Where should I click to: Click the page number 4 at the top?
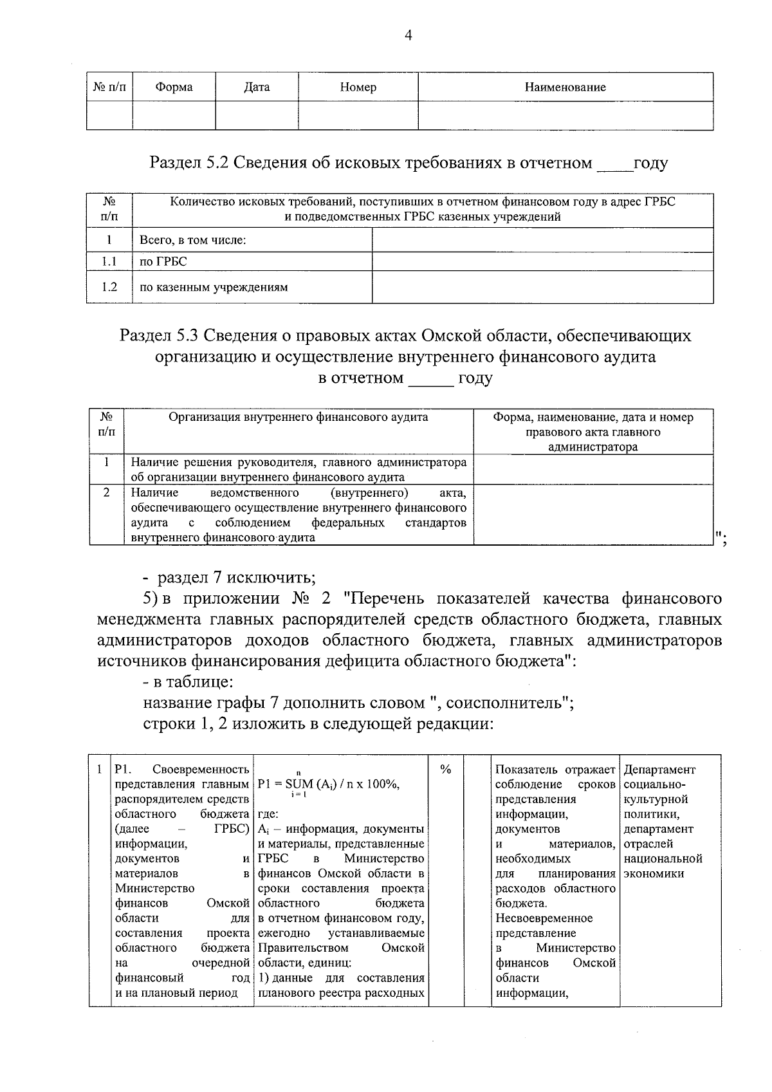tap(407, 36)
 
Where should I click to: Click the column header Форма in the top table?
tap(174, 88)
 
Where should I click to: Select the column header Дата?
tap(257, 88)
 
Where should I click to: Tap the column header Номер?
tap(358, 88)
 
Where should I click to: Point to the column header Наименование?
tap(565, 88)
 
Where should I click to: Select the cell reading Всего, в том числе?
tap(194, 241)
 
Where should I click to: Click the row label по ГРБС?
tap(163, 261)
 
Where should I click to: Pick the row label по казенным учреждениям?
tap(214, 288)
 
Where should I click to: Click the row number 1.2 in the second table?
tap(109, 287)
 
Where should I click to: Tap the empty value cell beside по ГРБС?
tap(542, 261)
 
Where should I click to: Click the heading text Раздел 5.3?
tap(160, 336)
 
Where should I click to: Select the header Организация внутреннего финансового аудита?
tap(298, 417)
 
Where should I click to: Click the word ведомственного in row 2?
tap(254, 493)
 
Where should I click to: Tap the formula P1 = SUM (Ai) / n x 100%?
tap(328, 784)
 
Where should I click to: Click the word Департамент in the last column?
tap(659, 770)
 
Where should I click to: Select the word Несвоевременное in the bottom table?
tap(544, 918)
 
